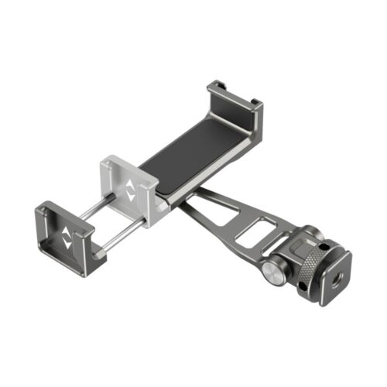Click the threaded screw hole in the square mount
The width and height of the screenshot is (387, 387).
click(334, 276)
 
